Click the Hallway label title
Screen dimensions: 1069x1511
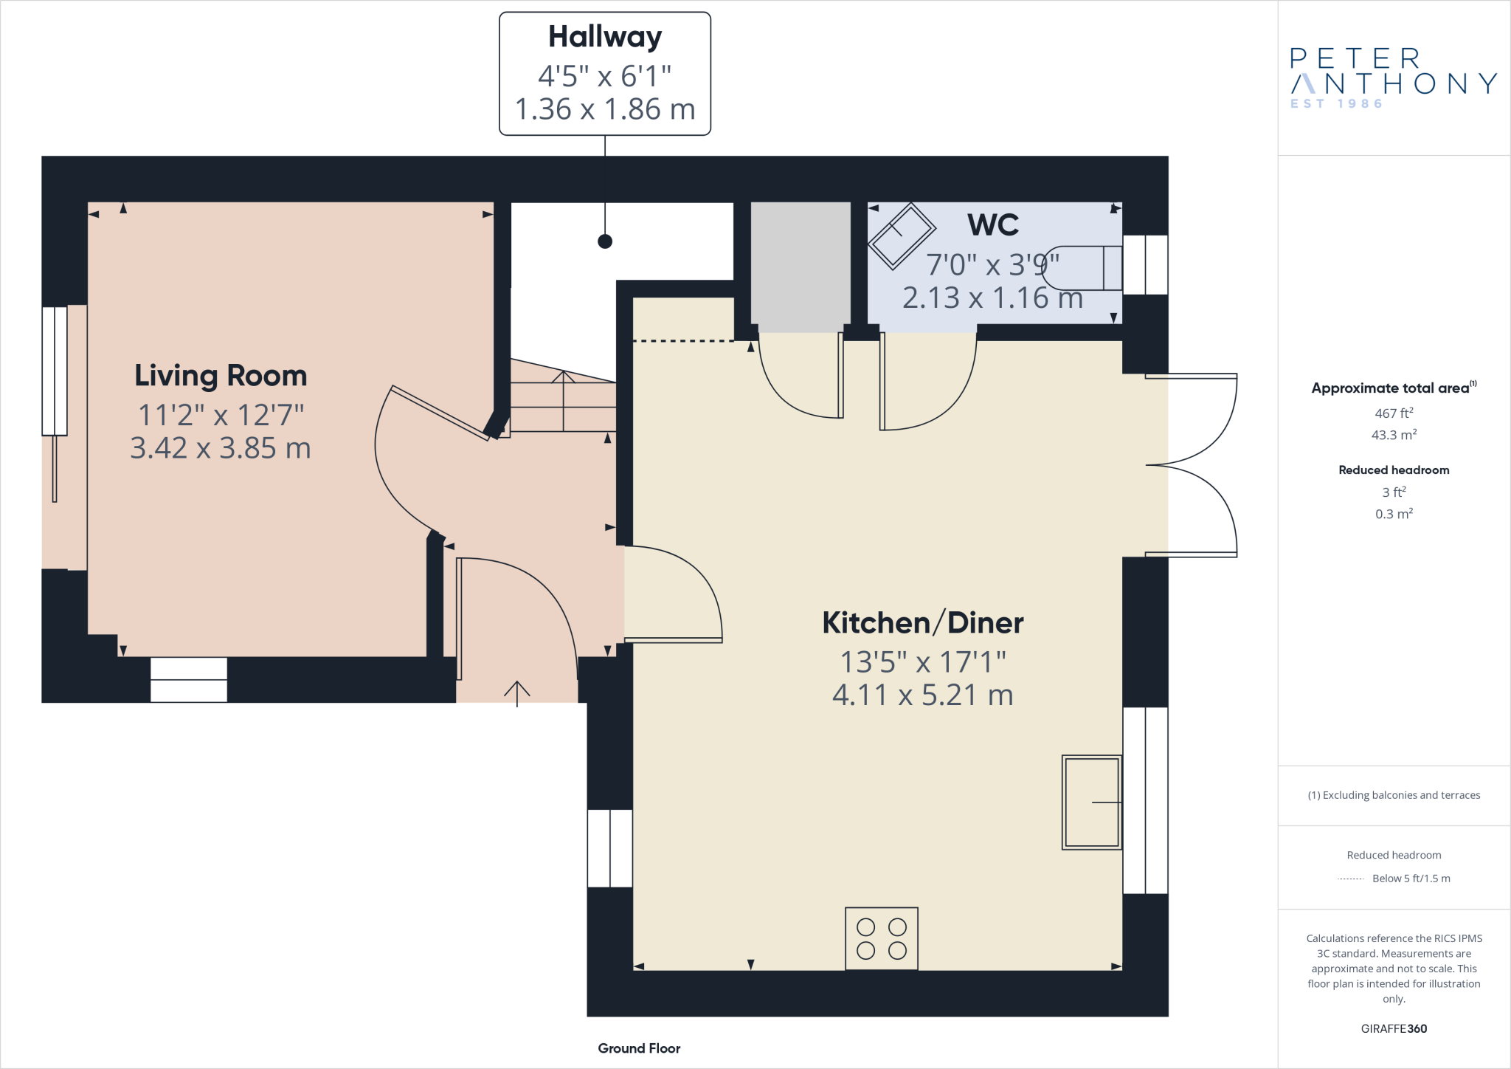(605, 37)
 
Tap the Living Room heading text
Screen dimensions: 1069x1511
(221, 376)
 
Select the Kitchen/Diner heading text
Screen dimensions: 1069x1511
(922, 623)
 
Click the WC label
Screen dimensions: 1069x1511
(993, 225)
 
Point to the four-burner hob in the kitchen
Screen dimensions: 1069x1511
(882, 938)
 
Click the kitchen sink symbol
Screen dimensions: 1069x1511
(1091, 802)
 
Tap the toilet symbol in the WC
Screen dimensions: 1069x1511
(1081, 268)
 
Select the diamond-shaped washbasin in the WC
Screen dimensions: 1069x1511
(902, 235)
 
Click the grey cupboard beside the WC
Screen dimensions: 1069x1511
(801, 266)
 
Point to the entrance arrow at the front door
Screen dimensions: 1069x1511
(517, 692)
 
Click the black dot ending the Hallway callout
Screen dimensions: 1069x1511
(605, 241)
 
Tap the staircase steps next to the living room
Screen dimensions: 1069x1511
(563, 402)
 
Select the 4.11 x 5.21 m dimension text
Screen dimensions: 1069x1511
(922, 695)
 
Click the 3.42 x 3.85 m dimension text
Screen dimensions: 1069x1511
(221, 448)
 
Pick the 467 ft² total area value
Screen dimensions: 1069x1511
(1394, 413)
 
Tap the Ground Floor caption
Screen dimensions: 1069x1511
(639, 1048)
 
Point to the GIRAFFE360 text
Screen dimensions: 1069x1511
(1394, 1028)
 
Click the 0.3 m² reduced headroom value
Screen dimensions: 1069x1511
(1394, 514)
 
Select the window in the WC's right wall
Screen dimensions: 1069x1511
(1145, 265)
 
